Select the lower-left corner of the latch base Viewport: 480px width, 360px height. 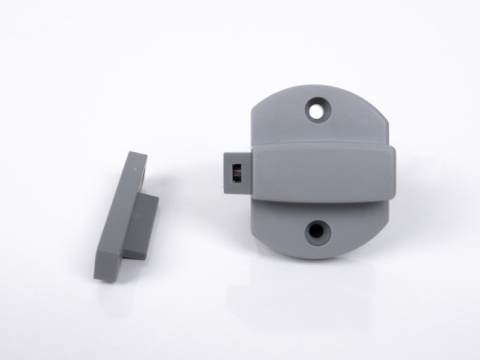pyautogui.click(x=258, y=240)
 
